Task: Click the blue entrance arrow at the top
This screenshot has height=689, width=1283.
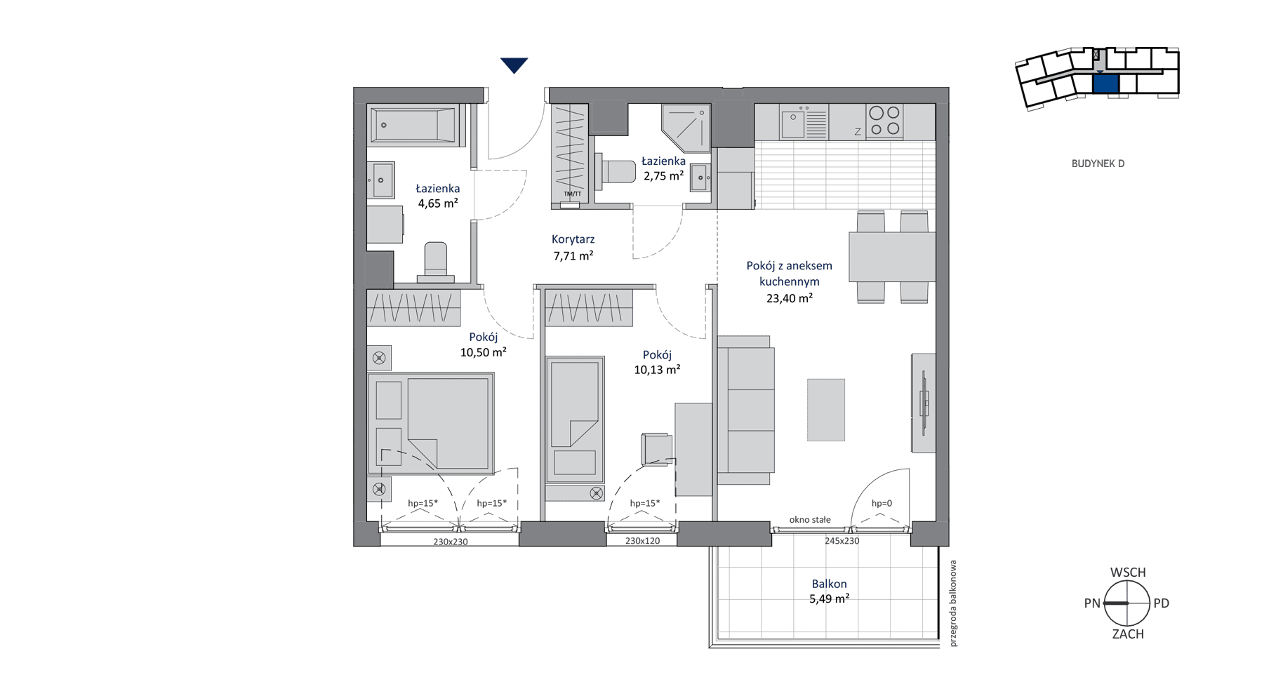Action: (514, 65)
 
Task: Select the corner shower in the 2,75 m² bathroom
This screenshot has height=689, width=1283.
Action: (686, 128)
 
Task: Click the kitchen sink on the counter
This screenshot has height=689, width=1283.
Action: (804, 122)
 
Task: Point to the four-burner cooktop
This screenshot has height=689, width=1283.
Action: (884, 121)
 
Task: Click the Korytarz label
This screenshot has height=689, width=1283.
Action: (573, 239)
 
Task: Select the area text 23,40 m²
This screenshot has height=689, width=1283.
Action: (790, 298)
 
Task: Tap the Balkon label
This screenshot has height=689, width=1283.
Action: (829, 584)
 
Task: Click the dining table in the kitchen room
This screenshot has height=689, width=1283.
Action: (892, 257)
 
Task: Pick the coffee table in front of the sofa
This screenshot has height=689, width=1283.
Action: (826, 410)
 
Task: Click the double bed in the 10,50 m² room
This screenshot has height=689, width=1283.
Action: (431, 423)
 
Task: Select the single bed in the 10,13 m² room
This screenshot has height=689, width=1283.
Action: (575, 420)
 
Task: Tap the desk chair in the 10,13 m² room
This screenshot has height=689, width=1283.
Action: (657, 449)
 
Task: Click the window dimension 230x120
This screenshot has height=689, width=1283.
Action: (642, 541)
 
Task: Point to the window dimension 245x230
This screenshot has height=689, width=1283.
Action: (842, 541)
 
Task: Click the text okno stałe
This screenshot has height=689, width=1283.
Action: (810, 520)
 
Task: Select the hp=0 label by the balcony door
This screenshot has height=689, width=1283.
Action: (882, 503)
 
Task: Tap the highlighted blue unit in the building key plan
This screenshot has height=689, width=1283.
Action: (1105, 83)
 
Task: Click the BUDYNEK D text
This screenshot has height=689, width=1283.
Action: (1098, 163)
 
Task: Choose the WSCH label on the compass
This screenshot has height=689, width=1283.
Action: (1128, 573)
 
